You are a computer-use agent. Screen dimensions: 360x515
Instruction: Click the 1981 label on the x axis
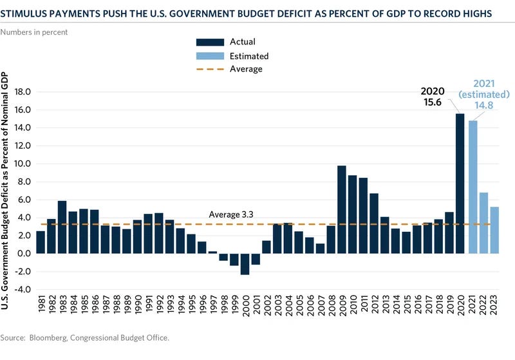pyautogui.click(x=41, y=312)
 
